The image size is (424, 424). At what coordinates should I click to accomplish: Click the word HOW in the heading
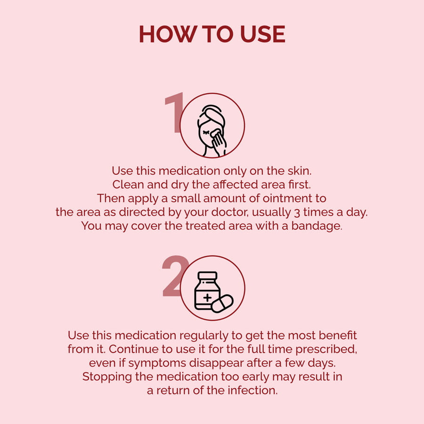point(168,34)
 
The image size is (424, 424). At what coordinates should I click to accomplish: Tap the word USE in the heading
point(262,34)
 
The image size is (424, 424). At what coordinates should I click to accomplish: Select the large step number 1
point(174,113)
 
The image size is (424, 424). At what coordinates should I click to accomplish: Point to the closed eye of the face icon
point(206,132)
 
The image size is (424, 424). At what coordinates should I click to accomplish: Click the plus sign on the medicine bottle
point(207,298)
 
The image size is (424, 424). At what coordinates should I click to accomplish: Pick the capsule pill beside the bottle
point(222,303)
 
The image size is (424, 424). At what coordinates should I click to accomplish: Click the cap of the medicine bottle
point(207,276)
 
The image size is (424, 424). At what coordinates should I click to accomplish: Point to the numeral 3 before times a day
point(297,213)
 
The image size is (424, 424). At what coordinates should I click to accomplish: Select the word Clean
point(128,185)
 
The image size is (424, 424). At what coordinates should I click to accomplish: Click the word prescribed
point(326,350)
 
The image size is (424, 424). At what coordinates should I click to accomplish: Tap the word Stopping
point(107,377)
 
